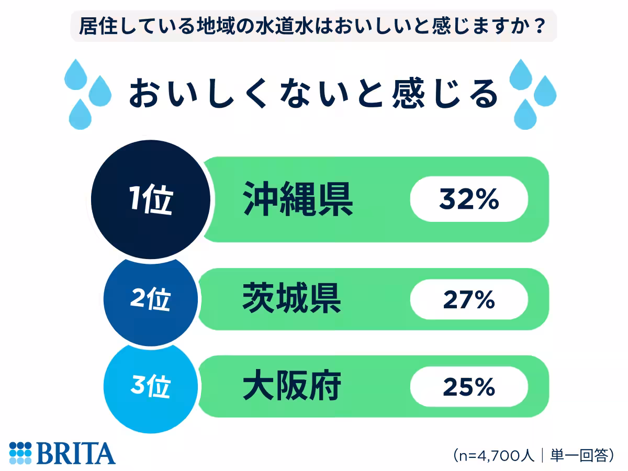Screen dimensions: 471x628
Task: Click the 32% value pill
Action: (x=469, y=200)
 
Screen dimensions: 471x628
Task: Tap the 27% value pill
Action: (x=469, y=300)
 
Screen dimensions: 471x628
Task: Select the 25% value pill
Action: (x=469, y=387)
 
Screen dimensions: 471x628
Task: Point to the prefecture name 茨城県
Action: (x=292, y=299)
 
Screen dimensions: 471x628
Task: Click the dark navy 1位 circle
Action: (x=151, y=201)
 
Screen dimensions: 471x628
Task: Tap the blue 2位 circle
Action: (x=151, y=300)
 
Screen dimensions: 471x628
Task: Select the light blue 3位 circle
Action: (x=151, y=388)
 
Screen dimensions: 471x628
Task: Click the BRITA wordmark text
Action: (x=76, y=453)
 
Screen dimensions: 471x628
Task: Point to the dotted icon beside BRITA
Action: (x=20, y=453)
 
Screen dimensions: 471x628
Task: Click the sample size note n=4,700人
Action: (x=495, y=455)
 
